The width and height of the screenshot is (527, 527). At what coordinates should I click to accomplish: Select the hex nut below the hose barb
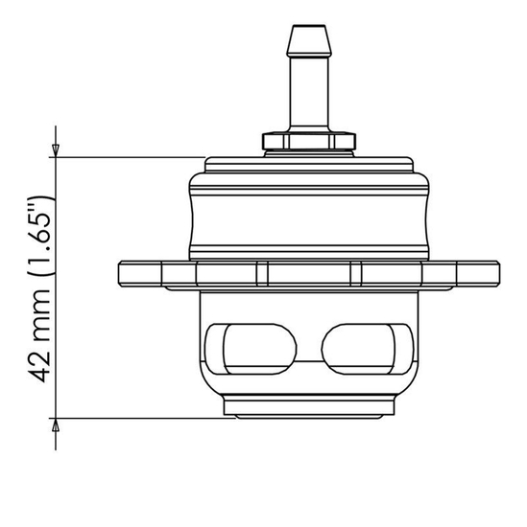pyautogui.click(x=307, y=141)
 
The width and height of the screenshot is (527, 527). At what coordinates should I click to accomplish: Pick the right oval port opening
pyautogui.click(x=359, y=351)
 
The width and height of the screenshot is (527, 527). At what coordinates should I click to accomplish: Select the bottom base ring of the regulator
pyautogui.click(x=307, y=408)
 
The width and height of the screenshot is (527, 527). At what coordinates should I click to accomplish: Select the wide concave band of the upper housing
pyautogui.click(x=307, y=218)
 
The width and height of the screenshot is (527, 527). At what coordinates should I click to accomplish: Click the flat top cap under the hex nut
pyautogui.click(x=307, y=163)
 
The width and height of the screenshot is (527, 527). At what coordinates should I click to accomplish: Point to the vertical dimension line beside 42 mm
pyautogui.click(x=57, y=287)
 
